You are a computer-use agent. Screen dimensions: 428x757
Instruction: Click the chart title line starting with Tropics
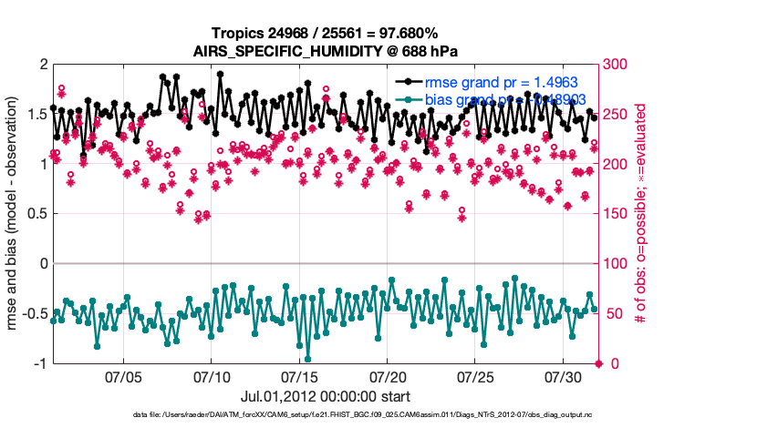(x=326, y=34)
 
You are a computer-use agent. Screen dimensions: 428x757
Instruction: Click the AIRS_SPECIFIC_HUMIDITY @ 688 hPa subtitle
(x=326, y=51)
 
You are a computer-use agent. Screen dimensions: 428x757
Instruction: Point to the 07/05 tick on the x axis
(x=124, y=376)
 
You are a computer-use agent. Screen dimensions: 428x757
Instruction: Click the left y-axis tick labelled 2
(x=42, y=65)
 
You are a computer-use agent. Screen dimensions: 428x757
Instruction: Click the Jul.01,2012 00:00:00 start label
(x=325, y=396)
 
